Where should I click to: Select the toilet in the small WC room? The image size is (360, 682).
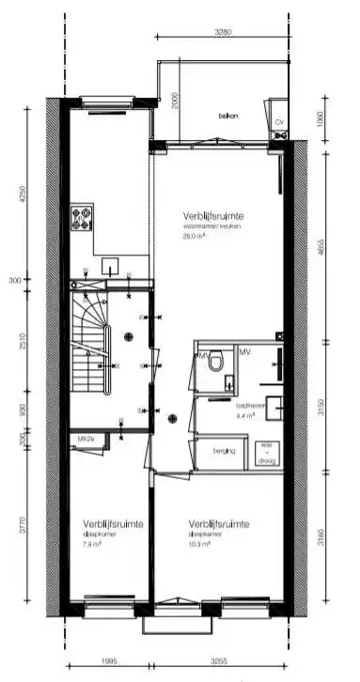[x=215, y=362]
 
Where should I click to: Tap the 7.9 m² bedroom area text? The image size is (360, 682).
[x=95, y=544]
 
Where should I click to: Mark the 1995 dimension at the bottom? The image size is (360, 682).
[x=110, y=660]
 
